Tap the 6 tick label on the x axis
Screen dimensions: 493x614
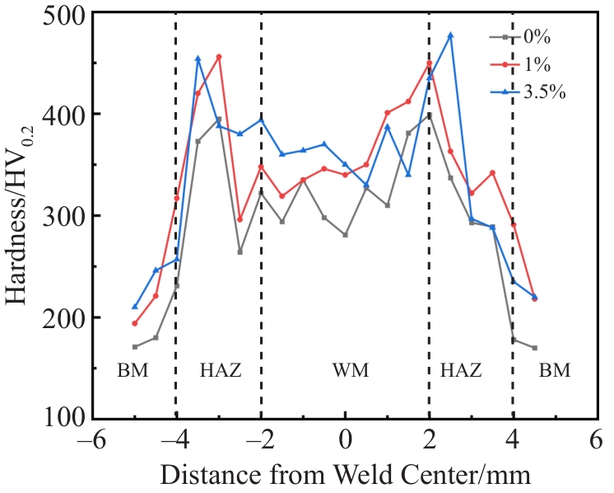[x=596, y=442]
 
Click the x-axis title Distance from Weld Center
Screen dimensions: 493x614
[x=346, y=475]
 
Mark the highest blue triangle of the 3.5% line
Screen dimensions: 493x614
[x=450, y=35]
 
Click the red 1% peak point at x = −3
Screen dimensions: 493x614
[x=219, y=57]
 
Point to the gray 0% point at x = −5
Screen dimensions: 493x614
[x=135, y=346]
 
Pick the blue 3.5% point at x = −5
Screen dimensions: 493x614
[x=135, y=307]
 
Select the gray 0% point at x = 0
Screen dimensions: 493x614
[x=345, y=235]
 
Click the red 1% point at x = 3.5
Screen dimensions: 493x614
[x=492, y=173]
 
